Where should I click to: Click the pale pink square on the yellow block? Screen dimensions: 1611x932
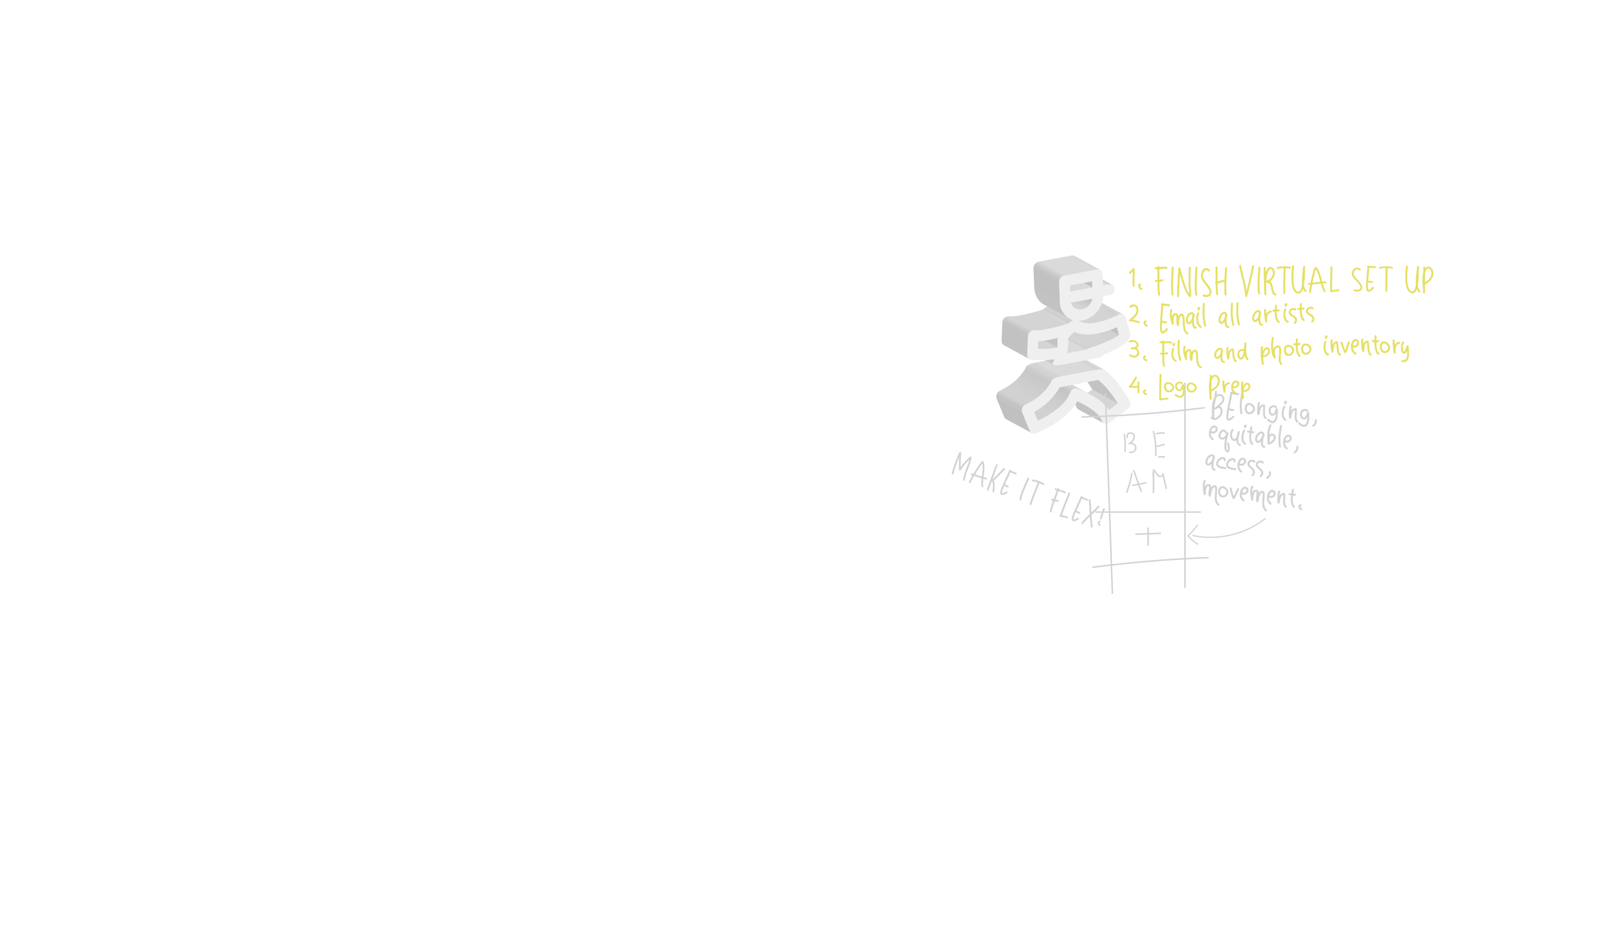click(x=1150, y=383)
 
